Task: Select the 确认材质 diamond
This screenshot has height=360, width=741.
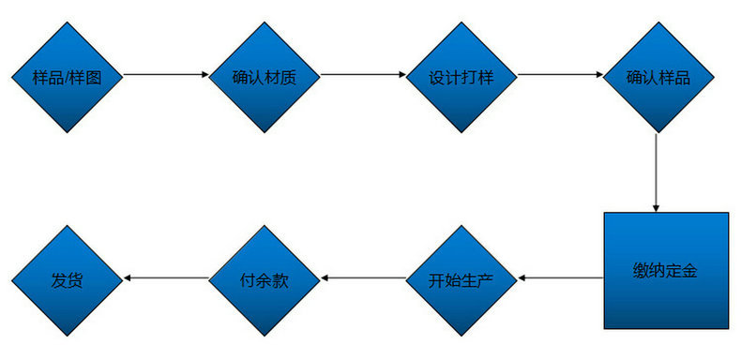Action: tap(264, 76)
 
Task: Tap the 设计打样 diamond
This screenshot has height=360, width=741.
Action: tap(461, 76)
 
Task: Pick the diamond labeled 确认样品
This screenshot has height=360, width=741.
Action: tap(658, 76)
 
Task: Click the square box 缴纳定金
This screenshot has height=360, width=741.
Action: tap(665, 271)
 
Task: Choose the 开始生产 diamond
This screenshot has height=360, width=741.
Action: tap(461, 278)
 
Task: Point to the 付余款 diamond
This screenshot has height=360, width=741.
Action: tap(264, 278)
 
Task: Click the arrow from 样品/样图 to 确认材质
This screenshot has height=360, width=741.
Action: tap(165, 75)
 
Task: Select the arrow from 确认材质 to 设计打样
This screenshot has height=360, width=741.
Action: tap(362, 75)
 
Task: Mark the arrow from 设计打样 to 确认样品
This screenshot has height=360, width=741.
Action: tap(559, 75)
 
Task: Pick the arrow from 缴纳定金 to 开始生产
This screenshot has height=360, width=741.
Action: tap(561, 278)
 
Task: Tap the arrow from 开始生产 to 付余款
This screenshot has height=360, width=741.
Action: tap(362, 278)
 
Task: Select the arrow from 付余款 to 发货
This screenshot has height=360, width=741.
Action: tap(165, 278)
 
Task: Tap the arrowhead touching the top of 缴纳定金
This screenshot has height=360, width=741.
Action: tap(657, 207)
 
